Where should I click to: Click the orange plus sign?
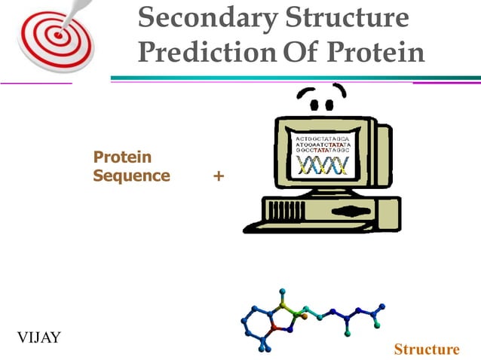[x=219, y=176]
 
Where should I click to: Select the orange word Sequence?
[x=131, y=176]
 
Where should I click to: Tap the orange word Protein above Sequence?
[x=122, y=157]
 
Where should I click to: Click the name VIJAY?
[x=38, y=336]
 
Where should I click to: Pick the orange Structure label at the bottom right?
[x=426, y=349]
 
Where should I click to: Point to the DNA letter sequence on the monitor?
[x=322, y=145]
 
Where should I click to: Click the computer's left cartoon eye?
[x=306, y=96]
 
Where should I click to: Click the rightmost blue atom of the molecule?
[x=382, y=307]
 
